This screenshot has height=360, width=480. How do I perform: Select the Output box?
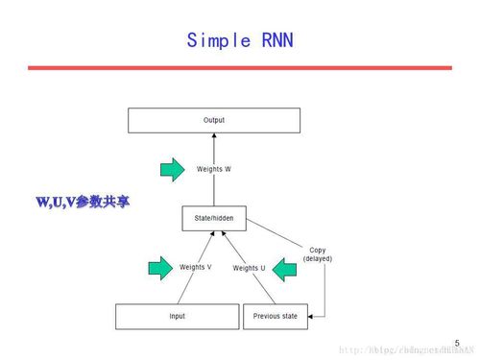[x=214, y=120]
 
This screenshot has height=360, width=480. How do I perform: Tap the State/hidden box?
[x=214, y=219]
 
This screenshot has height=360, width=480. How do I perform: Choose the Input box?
[x=177, y=316]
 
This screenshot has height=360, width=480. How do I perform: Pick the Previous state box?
[x=275, y=316]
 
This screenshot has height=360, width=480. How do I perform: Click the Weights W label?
[x=214, y=169]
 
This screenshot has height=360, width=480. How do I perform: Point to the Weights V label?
[x=197, y=266]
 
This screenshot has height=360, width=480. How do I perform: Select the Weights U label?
[x=250, y=268]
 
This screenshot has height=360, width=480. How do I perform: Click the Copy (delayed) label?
[x=317, y=254]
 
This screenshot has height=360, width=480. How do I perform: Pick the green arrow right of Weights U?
[x=285, y=270]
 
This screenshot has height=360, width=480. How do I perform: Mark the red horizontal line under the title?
[x=240, y=68]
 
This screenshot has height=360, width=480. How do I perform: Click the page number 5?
[x=457, y=342]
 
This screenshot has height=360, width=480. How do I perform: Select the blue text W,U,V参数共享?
[x=82, y=203]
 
